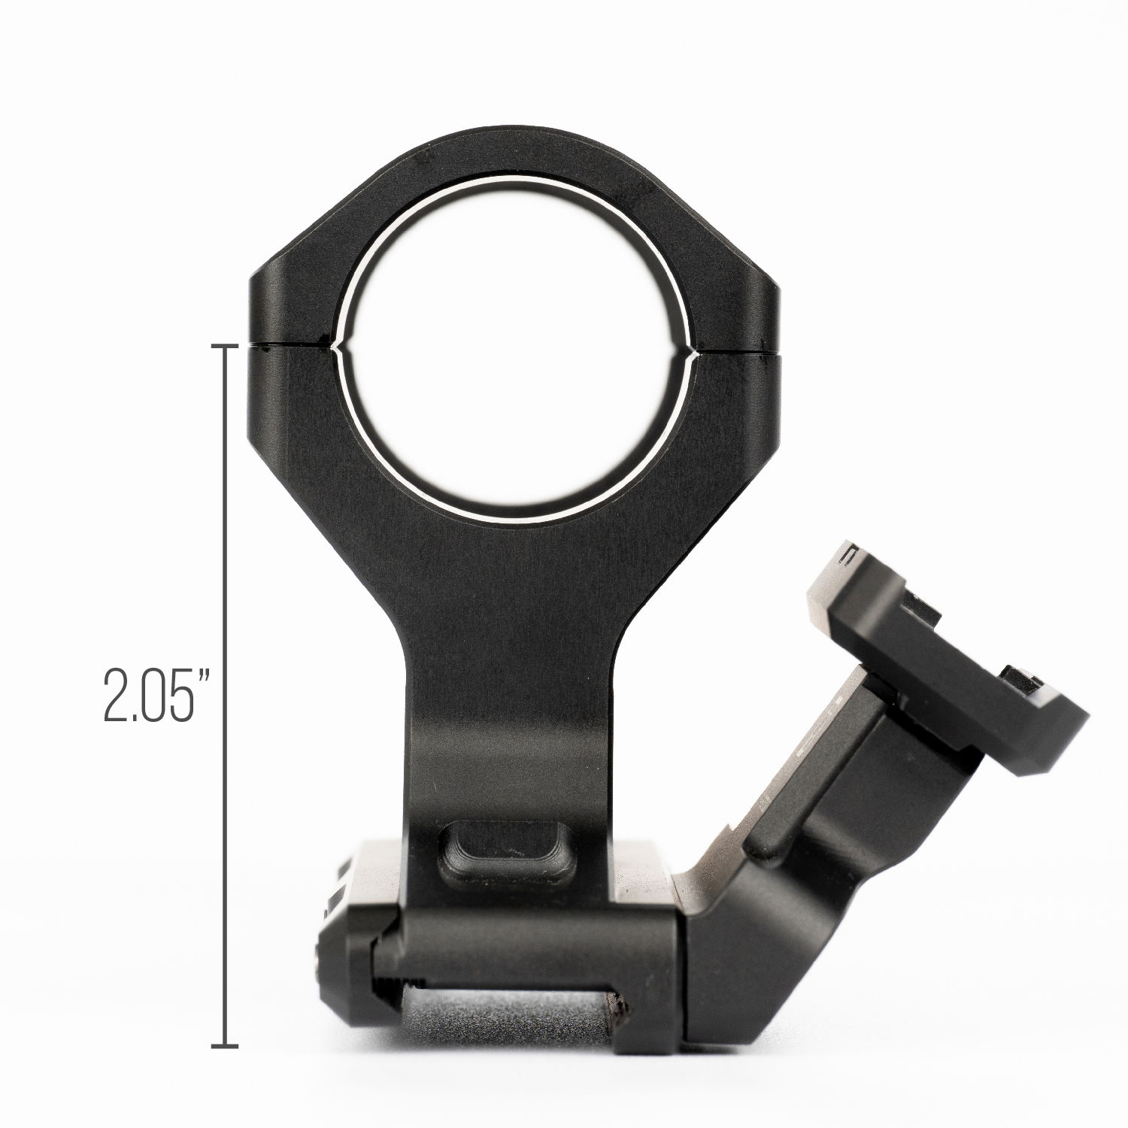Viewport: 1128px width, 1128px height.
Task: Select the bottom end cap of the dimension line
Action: (x=226, y=1046)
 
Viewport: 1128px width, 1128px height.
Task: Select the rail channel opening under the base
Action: (x=504, y=1015)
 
